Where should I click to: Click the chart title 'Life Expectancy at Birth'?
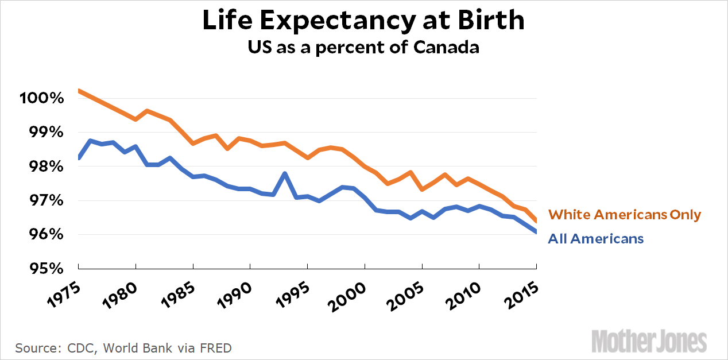pos(363,21)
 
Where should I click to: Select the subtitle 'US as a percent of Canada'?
pos(363,47)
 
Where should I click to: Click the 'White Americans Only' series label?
pos(625,215)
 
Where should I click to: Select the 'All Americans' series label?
pos(596,238)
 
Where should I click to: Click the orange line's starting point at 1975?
pos(79,91)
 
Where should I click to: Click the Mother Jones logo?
pos(649,340)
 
